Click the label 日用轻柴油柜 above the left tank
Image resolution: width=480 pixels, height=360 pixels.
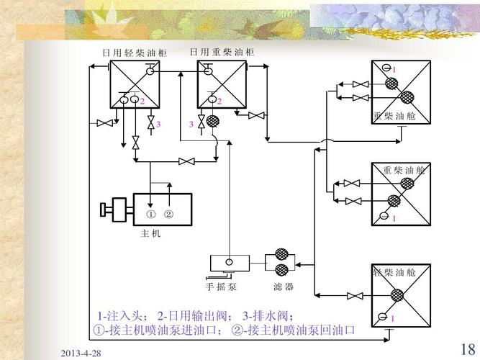click(x=133, y=53)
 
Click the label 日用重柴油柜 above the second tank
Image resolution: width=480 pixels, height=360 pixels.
click(x=222, y=53)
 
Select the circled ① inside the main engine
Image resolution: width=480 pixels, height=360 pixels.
click(x=151, y=215)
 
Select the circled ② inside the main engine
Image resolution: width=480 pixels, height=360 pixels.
click(x=169, y=215)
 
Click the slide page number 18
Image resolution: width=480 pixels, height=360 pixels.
click(x=466, y=349)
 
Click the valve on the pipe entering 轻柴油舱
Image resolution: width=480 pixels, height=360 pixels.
click(x=353, y=295)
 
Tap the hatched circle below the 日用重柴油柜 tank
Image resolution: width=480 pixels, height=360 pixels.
click(x=213, y=122)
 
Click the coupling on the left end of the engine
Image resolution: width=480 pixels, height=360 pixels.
click(x=107, y=210)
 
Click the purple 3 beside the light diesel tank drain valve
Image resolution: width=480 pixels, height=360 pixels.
click(x=158, y=125)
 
